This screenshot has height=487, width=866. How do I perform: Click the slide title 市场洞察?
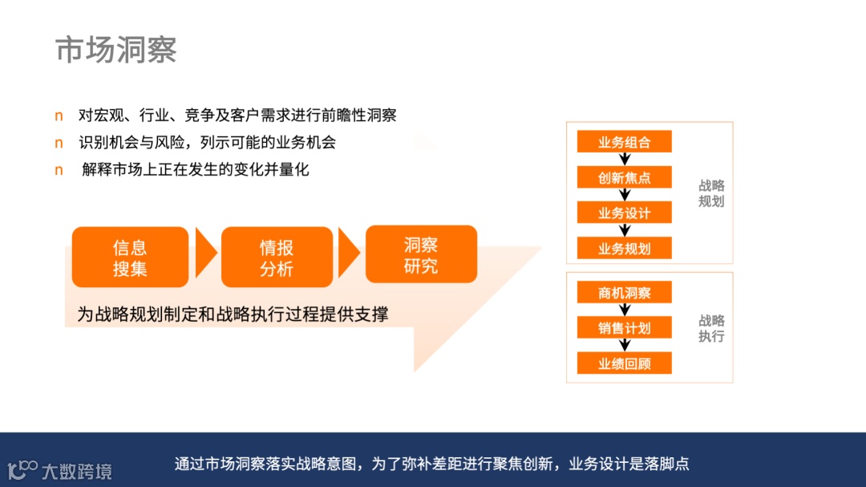click(116, 50)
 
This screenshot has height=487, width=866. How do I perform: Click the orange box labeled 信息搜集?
click(130, 258)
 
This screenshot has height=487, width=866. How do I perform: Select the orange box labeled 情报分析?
click(277, 258)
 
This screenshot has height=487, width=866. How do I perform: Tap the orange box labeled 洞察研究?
click(421, 254)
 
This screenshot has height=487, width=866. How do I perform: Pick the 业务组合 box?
click(624, 142)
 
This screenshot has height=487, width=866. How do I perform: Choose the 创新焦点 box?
click(624, 177)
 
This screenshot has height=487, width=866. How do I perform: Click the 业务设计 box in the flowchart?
click(624, 213)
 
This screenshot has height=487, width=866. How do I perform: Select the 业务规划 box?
click(624, 248)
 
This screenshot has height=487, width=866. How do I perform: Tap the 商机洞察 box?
click(624, 293)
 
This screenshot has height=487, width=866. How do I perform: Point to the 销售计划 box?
click(624, 327)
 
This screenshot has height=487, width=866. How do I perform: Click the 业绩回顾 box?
click(624, 363)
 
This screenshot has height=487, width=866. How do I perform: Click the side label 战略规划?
click(711, 193)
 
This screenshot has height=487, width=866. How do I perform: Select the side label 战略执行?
click(711, 328)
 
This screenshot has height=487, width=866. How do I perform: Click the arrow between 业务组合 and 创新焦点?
click(625, 160)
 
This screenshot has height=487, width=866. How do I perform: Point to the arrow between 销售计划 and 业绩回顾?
click(625, 346)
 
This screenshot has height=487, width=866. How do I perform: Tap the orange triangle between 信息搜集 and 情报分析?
click(205, 254)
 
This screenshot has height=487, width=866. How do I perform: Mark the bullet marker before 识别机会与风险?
click(59, 143)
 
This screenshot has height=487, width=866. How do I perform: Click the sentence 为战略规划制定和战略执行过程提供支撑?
click(233, 314)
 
